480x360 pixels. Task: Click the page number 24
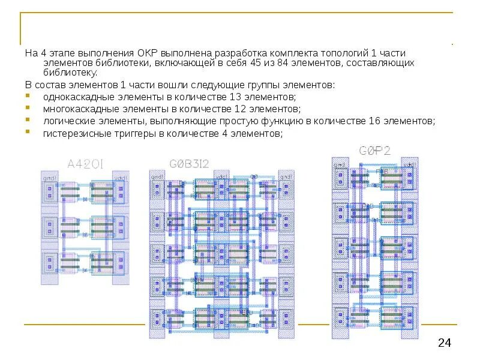(445, 343)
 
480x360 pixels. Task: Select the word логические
(67, 121)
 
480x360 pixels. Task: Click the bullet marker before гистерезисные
(28, 133)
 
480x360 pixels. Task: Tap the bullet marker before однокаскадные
(28, 97)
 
